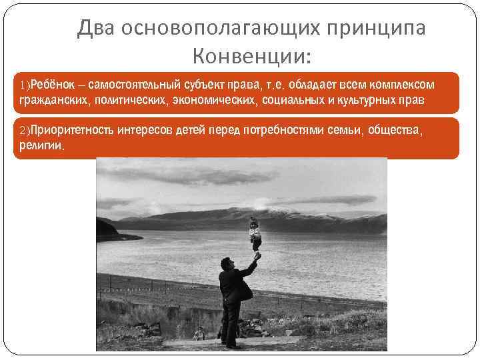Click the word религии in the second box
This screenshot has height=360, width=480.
(x=38, y=145)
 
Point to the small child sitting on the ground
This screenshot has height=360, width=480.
(x=198, y=334)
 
